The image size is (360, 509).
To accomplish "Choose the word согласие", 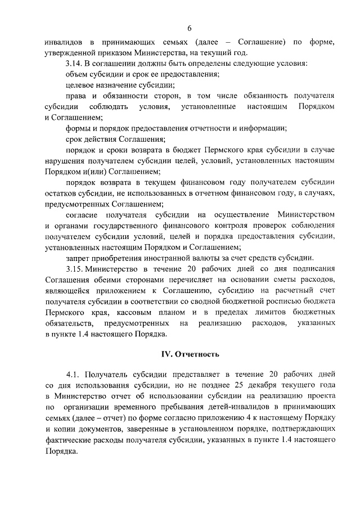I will pyautogui.click(x=82, y=214).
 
